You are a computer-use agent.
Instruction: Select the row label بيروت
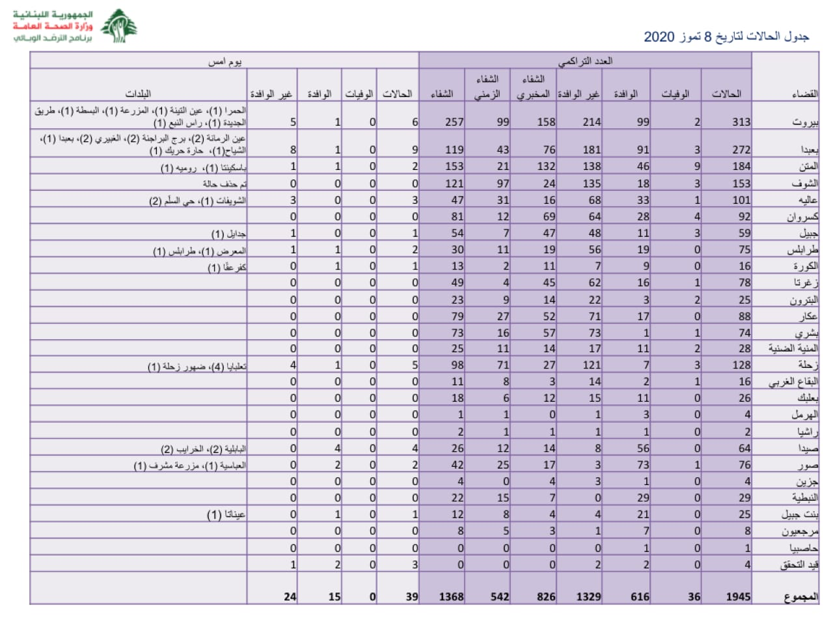pyautogui.click(x=805, y=122)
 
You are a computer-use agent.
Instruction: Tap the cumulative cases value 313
pyautogui.click(x=741, y=122)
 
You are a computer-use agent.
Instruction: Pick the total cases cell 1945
pyautogui.click(x=738, y=596)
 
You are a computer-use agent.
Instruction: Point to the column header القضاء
pyautogui.click(x=804, y=94)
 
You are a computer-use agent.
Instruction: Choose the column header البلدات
pyautogui.click(x=138, y=94)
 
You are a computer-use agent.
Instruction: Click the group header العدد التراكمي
pyautogui.click(x=584, y=61)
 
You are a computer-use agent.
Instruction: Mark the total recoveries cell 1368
pyautogui.click(x=451, y=596)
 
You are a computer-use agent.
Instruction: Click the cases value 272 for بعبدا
pyautogui.click(x=741, y=150)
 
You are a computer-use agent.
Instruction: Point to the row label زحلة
pyautogui.click(x=808, y=365)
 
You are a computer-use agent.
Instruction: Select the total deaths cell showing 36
pyautogui.click(x=694, y=596)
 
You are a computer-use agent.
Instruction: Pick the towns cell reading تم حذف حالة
pyautogui.click(x=225, y=184)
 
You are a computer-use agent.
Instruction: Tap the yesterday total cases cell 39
pyautogui.click(x=411, y=596)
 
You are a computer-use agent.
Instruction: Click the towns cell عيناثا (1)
pyautogui.click(x=226, y=514)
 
